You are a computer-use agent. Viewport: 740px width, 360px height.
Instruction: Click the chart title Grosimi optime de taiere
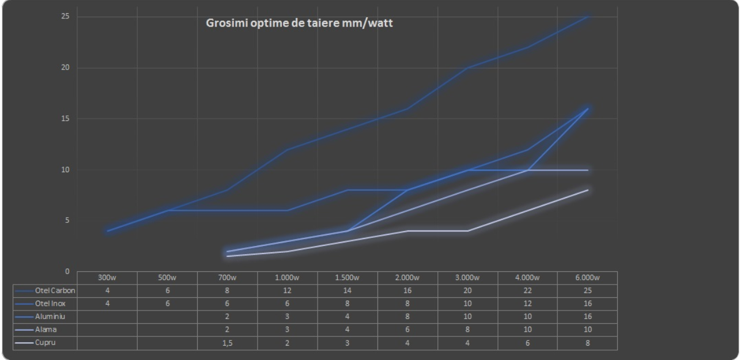tap(300, 24)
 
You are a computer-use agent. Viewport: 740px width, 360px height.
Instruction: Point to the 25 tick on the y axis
tap(66, 16)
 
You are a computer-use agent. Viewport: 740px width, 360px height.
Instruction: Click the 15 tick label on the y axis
tap(66, 119)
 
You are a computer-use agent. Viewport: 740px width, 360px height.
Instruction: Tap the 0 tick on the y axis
tap(67, 271)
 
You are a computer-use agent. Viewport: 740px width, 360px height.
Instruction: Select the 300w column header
tap(107, 277)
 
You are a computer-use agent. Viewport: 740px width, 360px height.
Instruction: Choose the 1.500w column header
tap(347, 277)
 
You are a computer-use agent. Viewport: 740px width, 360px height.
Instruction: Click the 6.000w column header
tap(587, 277)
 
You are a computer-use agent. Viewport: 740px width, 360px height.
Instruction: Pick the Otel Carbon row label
tap(55, 290)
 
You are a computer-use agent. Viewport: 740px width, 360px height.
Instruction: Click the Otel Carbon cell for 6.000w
tap(587, 290)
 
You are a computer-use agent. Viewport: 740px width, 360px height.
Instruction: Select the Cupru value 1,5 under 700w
tap(227, 343)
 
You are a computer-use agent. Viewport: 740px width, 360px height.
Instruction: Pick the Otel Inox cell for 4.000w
tap(527, 304)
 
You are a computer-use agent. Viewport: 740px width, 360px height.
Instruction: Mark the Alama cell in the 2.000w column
tap(407, 330)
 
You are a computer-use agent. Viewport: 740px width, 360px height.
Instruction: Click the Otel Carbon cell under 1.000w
tap(287, 290)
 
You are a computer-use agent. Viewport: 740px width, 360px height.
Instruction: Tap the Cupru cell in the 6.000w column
tap(587, 343)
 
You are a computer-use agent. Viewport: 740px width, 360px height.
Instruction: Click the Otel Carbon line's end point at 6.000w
tap(587, 16)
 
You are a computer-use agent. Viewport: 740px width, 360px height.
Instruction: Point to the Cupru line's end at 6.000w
tap(587, 190)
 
